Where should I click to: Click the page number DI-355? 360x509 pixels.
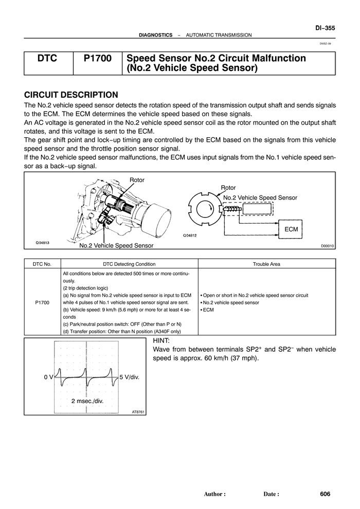tap(325, 28)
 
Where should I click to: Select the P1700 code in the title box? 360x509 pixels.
tap(97, 59)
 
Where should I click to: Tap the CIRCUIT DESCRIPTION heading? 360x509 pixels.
tap(71, 95)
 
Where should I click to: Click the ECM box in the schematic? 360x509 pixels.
tap(291, 229)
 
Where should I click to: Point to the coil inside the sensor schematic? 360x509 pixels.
tap(232, 209)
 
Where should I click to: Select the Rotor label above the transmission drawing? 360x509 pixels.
tap(137, 180)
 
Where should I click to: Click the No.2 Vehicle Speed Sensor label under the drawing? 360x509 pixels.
tap(116, 246)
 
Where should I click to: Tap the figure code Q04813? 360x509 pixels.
tap(43, 243)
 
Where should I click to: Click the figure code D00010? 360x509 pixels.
tap(327, 246)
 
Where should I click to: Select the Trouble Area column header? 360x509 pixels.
tap(266, 264)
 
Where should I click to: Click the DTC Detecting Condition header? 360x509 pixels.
tap(129, 264)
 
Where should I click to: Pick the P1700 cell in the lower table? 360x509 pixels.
tap(42, 302)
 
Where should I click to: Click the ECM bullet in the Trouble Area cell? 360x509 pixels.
tap(207, 310)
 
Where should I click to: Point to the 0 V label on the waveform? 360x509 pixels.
tap(48, 377)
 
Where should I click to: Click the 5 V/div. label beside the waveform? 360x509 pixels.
tap(130, 377)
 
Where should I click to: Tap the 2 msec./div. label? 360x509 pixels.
tap(87, 401)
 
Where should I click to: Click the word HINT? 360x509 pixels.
tap(161, 341)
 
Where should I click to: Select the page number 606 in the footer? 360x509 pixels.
tap(325, 494)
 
